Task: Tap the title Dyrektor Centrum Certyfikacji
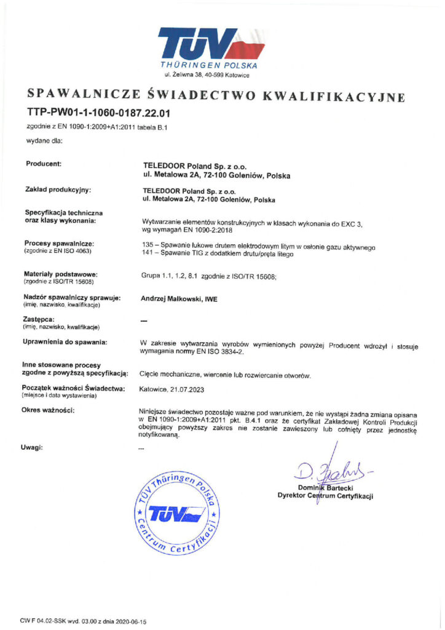tap(325, 496)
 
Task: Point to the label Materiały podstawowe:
tap(60, 273)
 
